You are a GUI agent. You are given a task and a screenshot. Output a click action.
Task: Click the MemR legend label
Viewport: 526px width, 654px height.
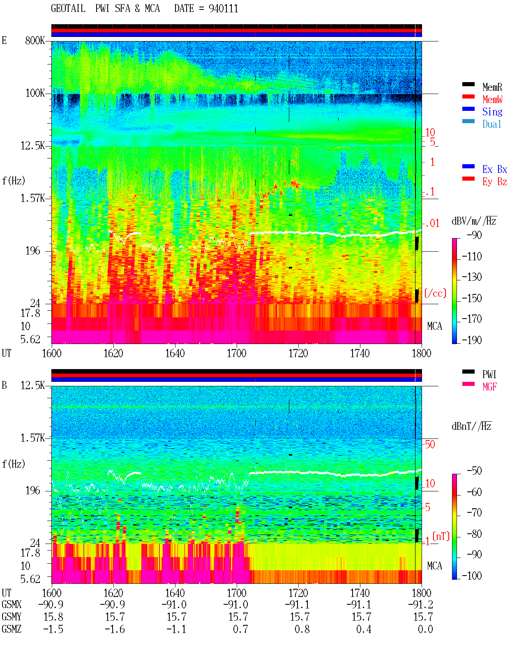point(492,87)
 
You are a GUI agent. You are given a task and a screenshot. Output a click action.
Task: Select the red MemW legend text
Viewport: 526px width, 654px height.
point(492,99)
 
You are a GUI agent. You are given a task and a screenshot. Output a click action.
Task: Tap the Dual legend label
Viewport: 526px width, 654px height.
point(491,124)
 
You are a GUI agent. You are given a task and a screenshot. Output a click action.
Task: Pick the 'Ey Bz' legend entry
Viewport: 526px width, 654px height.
point(494,182)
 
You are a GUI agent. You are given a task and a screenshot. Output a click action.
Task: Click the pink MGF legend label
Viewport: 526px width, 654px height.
point(489,387)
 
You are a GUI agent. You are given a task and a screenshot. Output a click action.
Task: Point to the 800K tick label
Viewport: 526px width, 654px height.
point(35,40)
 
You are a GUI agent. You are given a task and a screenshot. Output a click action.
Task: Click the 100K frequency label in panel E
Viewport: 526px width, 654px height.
point(35,93)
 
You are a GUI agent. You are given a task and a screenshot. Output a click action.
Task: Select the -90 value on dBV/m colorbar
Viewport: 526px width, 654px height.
point(474,235)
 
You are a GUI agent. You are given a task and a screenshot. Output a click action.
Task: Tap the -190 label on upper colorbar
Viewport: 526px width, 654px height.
point(472,340)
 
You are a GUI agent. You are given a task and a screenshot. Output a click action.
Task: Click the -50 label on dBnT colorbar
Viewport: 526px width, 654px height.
point(474,471)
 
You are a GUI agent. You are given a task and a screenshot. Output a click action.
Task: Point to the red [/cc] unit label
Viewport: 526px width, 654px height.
point(435,293)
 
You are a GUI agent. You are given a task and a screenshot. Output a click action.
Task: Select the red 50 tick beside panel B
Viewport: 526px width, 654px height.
point(430,445)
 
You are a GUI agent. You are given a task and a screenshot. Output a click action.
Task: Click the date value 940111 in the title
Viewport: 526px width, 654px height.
point(223,9)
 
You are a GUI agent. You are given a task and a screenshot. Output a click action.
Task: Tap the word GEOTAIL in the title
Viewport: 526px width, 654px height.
point(68,9)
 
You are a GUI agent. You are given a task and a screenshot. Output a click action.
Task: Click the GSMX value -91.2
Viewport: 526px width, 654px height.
point(421,604)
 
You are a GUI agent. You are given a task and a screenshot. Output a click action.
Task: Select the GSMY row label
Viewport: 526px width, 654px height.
point(12,617)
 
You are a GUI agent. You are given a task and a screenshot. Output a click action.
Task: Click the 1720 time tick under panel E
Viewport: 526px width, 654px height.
point(298,353)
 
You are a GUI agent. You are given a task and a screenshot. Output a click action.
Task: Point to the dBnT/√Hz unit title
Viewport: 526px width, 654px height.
point(471,427)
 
